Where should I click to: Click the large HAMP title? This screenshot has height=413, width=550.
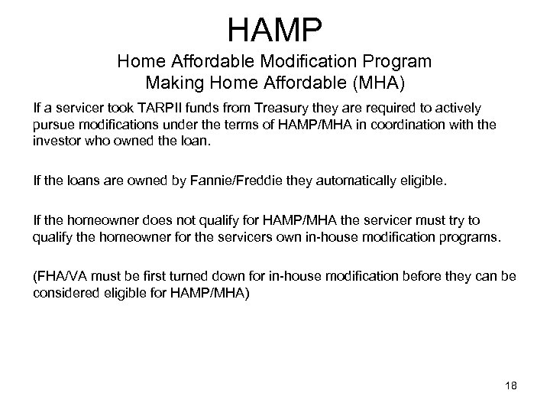(x=275, y=30)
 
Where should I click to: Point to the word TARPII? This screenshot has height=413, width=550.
(x=157, y=108)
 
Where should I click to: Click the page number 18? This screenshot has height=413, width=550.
(x=510, y=385)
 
